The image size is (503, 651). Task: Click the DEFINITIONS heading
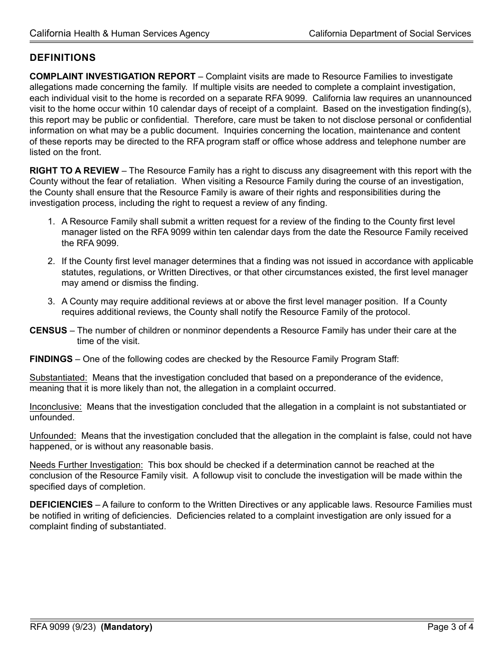(62, 57)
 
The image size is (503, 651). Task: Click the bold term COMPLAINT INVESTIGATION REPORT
(112, 77)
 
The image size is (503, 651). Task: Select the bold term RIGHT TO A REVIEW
(74, 170)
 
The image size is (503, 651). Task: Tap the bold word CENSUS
(48, 330)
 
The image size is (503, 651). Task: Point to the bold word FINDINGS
(51, 359)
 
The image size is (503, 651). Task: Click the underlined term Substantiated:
(58, 378)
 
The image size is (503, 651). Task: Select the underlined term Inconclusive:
(56, 407)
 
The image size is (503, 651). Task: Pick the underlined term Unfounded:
(53, 436)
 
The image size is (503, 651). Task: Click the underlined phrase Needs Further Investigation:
(86, 465)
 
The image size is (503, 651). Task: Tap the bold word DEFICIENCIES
(61, 505)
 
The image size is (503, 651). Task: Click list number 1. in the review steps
(51, 222)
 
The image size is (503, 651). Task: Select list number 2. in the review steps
(51, 261)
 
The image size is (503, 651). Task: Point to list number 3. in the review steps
(51, 301)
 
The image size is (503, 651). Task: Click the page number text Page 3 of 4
(450, 627)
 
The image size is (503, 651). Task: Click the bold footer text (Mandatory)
(127, 627)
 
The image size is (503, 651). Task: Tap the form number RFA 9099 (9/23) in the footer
(62, 627)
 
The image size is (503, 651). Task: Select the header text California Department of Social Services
(390, 33)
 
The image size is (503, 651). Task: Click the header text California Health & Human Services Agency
(119, 33)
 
